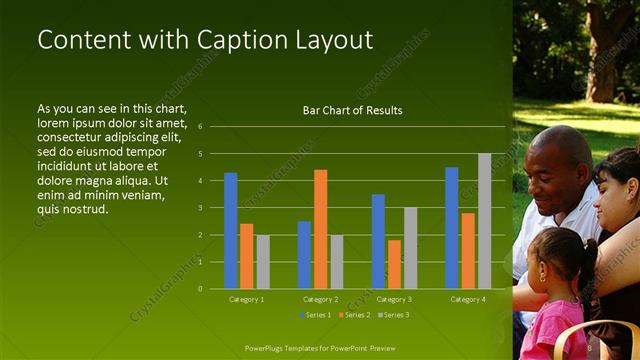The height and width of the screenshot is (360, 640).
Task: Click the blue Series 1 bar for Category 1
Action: tap(231, 231)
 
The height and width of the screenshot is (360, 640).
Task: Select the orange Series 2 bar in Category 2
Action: tap(320, 229)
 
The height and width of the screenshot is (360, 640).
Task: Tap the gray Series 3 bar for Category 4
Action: tap(484, 221)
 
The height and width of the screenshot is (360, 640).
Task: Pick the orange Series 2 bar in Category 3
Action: tap(394, 264)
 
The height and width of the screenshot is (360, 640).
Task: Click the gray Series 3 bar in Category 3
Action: tap(410, 248)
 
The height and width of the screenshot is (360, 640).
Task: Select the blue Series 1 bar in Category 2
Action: tap(304, 255)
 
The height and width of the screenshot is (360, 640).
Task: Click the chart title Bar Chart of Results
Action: tap(352, 111)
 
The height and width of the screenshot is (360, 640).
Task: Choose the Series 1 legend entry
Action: tap(319, 315)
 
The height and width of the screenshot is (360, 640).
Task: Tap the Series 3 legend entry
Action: tap(393, 315)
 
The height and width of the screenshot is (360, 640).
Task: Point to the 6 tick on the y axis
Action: tap(200, 127)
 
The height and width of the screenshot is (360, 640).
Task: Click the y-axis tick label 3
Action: tap(200, 208)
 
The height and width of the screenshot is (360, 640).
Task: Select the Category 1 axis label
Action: tap(246, 299)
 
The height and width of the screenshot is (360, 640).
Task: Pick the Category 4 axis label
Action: tap(468, 299)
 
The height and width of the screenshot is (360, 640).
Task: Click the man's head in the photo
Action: tap(560, 165)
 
